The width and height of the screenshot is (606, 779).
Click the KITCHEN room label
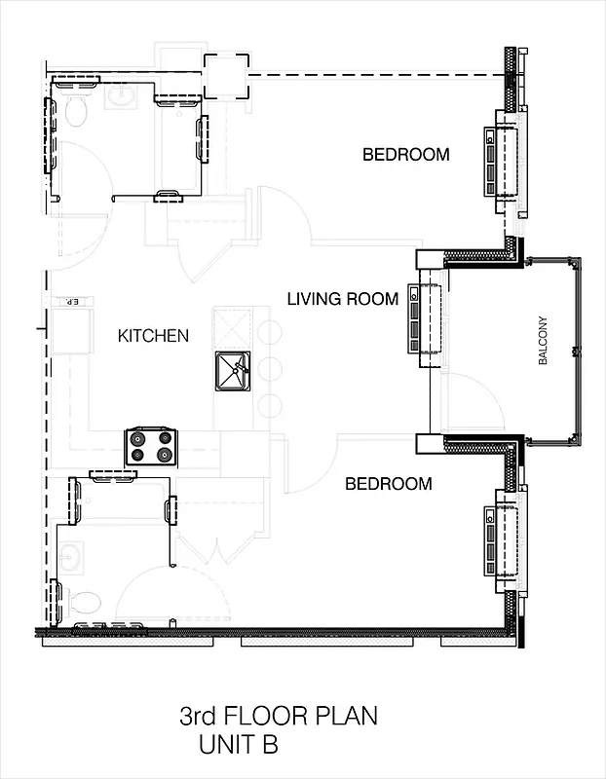153,336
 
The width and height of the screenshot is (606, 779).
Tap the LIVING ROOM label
342,299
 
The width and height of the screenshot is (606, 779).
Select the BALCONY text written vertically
543,341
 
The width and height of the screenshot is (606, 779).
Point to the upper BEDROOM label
405,154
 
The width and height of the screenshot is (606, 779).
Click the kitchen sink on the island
234,367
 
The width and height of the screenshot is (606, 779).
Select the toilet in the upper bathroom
75,112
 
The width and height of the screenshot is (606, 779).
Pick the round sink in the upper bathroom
122,96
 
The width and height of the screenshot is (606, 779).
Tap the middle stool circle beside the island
270,368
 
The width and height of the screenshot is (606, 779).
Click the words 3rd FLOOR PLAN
278,718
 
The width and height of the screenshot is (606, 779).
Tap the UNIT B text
239,747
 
